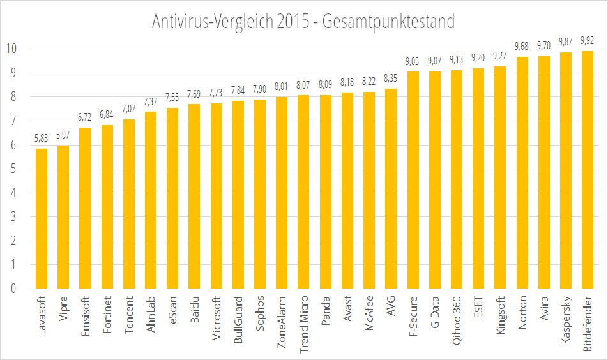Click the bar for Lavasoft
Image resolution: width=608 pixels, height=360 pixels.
tap(42, 218)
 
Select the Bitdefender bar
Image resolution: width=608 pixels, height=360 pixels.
tap(588, 170)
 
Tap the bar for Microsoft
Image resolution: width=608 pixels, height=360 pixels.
tap(217, 196)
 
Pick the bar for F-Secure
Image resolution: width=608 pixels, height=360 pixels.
tap(413, 180)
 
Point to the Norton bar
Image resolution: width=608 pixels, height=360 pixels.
tap(522, 172)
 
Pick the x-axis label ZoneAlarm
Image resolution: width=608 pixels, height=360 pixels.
tap(282, 322)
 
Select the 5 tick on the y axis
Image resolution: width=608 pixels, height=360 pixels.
tap(13, 169)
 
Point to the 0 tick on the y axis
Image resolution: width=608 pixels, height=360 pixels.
tap(13, 289)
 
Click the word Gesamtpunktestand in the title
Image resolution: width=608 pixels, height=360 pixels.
tap(389, 21)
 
